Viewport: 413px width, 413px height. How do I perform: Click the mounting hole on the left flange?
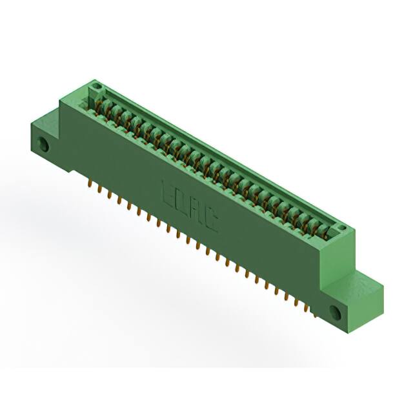tap(44, 145)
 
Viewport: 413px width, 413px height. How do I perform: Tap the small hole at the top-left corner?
tap(96, 86)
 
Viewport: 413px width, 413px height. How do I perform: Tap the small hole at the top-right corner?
tap(342, 228)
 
